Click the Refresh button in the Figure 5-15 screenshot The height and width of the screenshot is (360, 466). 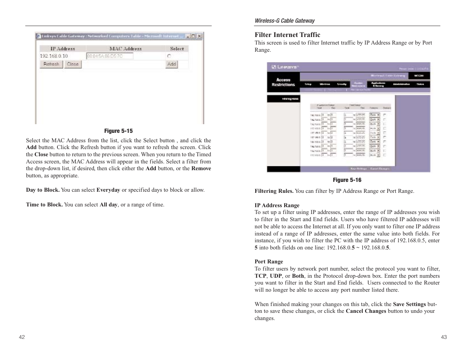tap(51, 64)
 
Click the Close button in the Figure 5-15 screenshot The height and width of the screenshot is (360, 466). tap(72, 64)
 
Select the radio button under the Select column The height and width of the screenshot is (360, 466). tap(169, 56)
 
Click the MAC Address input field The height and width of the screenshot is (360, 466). tap(109, 56)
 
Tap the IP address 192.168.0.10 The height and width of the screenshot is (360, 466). tap(54, 56)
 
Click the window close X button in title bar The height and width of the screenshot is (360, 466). tap(199, 36)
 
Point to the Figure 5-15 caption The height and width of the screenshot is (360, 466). tap(118, 131)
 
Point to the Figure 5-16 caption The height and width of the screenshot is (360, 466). tap(347, 180)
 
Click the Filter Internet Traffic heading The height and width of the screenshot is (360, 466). tap(287, 35)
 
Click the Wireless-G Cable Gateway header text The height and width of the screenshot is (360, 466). tap(285, 21)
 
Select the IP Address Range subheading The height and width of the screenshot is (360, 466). tap(277, 205)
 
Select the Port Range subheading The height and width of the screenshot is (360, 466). tap(269, 262)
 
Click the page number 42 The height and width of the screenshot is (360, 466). tap(22, 337)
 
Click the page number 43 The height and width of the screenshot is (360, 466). tap(444, 337)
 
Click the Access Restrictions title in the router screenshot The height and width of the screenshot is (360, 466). tap(283, 82)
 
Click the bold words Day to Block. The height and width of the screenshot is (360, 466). tap(43, 190)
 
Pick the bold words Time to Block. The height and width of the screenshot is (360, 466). tap(44, 205)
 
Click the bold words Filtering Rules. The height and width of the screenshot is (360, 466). tap(274, 191)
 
